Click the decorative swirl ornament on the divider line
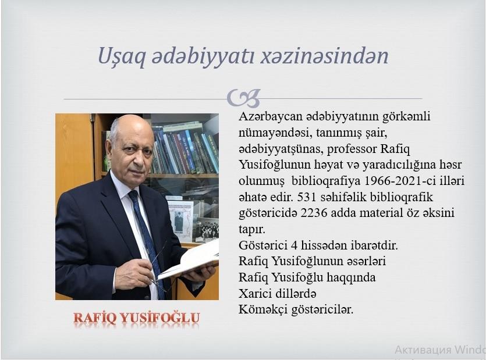pos(244,98)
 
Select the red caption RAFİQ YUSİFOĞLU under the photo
pos(137,319)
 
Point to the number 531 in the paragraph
pos(307,197)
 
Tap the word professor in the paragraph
pos(352,149)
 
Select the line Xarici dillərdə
pos(278,293)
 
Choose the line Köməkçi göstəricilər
pos(296,309)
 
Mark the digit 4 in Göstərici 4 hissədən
pos(294,245)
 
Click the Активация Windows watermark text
pos(440,350)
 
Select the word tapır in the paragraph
pos(251,230)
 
